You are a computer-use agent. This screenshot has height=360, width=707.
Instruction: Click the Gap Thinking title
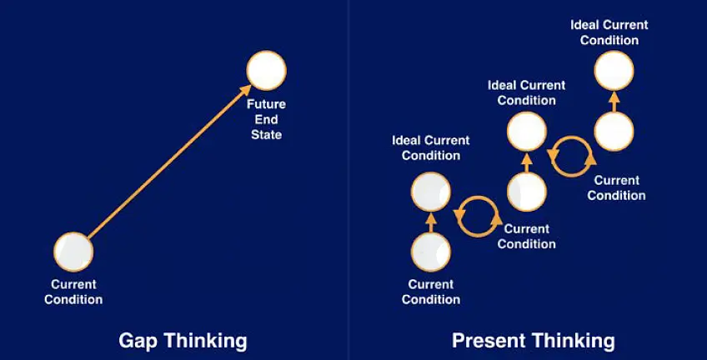(183, 341)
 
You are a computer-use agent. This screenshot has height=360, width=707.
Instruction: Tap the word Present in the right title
(486, 341)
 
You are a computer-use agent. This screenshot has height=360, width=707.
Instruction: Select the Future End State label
(266, 119)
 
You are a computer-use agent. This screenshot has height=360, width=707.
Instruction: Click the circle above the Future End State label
(267, 70)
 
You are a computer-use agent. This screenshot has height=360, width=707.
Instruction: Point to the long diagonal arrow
(169, 161)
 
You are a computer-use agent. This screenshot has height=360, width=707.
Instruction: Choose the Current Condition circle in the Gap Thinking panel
(73, 252)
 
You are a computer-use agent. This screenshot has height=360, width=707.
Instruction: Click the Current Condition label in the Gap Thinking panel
(73, 292)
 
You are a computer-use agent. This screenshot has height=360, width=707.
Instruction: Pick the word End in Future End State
(266, 119)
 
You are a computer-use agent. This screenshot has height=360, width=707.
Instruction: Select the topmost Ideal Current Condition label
(609, 32)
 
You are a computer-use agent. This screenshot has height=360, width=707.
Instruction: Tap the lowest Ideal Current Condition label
(431, 147)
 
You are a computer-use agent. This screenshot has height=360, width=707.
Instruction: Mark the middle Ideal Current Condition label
(527, 92)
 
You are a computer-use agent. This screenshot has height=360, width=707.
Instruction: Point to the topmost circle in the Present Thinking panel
(614, 70)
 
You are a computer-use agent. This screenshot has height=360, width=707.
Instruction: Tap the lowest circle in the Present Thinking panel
(430, 252)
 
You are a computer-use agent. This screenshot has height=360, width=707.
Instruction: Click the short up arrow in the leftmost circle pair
(430, 222)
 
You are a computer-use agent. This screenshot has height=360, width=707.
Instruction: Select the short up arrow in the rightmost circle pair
(614, 102)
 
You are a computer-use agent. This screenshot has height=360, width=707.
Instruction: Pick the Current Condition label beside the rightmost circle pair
(616, 187)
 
